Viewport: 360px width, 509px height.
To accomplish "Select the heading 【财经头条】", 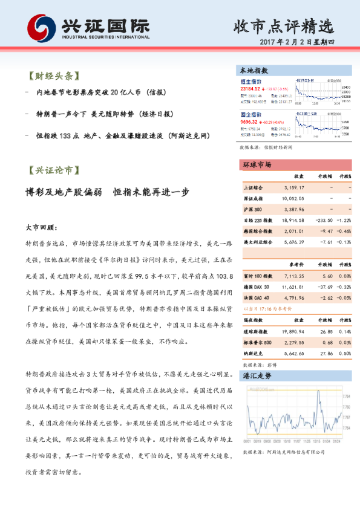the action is click(53, 77).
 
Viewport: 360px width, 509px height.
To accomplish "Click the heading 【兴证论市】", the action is click(53, 170).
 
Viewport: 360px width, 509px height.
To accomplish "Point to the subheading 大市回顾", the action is click(41, 229).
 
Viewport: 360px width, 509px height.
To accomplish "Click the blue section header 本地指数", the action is click(254, 71).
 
